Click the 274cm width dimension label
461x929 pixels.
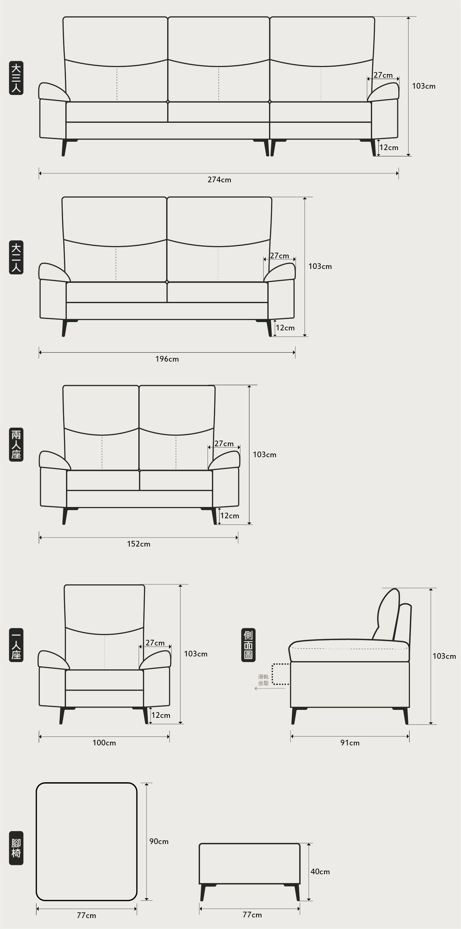[x=219, y=180]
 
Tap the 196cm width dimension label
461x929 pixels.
[x=167, y=359]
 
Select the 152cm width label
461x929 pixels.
[x=139, y=544]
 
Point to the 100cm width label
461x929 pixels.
[x=104, y=742]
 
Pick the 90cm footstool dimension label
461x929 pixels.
[x=159, y=841]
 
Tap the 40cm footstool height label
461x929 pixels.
[x=320, y=872]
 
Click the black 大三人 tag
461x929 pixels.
[x=16, y=78]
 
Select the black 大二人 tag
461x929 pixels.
[x=16, y=258]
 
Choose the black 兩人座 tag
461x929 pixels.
[x=16, y=445]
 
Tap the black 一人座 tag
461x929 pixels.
[x=16, y=645]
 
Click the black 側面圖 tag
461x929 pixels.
[x=248, y=645]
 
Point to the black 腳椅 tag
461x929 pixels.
[x=16, y=848]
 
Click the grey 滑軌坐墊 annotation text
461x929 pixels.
[x=263, y=680]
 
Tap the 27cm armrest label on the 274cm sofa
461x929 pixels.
[x=383, y=75]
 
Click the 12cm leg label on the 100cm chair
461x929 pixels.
[x=161, y=715]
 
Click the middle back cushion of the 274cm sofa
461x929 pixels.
[x=219, y=59]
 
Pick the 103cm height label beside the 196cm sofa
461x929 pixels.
[x=320, y=267]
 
